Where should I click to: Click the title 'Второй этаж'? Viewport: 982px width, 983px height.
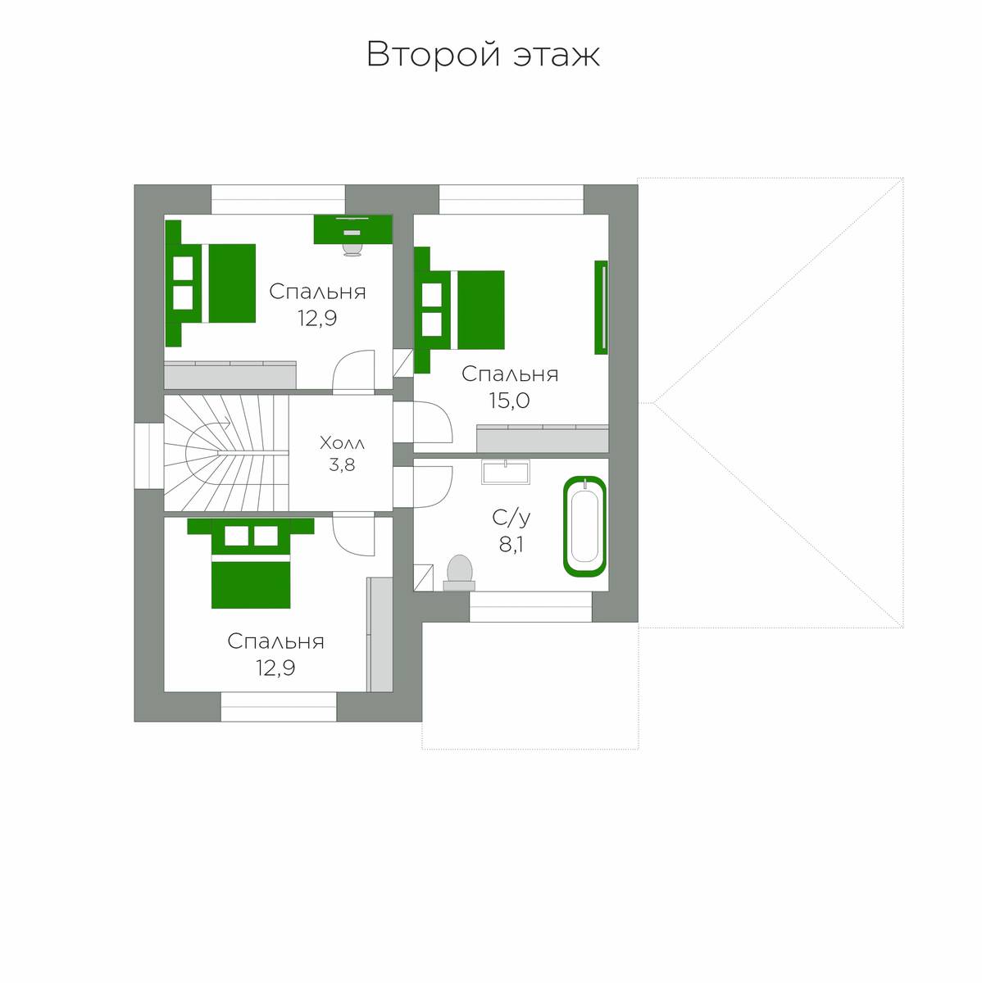tap(483, 55)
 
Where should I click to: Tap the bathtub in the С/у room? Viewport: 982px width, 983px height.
tap(584, 527)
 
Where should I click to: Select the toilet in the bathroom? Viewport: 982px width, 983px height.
tap(459, 573)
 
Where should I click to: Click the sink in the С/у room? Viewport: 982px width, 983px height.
tap(506, 471)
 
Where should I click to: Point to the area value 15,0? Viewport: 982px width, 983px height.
tap(509, 401)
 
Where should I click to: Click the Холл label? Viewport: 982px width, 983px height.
tap(342, 443)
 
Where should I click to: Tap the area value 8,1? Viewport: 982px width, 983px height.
tap(511, 546)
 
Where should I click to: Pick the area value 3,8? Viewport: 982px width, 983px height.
tap(342, 464)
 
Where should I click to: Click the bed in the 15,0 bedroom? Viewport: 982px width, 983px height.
tap(459, 310)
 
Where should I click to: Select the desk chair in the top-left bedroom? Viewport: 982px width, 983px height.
tap(352, 248)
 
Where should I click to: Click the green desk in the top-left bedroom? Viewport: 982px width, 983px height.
tap(352, 229)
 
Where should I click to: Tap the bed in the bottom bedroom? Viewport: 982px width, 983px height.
tap(251, 563)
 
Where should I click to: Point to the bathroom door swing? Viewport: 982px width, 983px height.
tap(433, 487)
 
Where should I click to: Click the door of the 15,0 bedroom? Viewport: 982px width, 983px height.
tap(433, 422)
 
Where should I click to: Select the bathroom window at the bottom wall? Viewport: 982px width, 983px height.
tap(530, 606)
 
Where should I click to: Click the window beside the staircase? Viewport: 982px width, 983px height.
tap(149, 456)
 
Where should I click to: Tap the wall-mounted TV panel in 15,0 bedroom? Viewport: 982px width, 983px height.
tap(602, 307)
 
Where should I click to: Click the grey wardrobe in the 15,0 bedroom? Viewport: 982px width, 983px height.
tap(543, 438)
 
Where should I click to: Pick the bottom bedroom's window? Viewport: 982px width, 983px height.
tap(279, 706)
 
